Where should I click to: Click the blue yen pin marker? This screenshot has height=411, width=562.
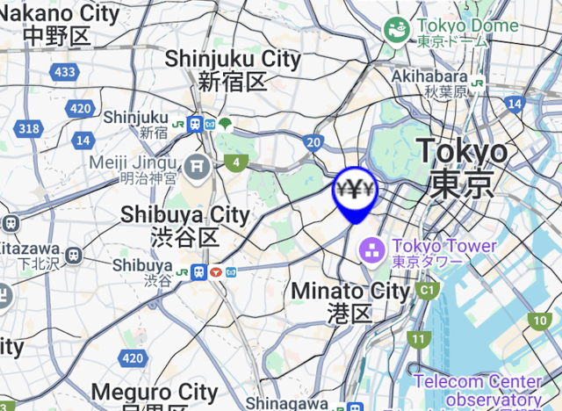tap(354, 190)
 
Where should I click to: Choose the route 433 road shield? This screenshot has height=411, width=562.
tap(64, 72)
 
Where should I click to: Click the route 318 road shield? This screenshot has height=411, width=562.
tap(29, 128)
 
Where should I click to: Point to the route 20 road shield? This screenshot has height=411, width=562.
tap(314, 141)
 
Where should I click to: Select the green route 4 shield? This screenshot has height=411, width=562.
tap(234, 162)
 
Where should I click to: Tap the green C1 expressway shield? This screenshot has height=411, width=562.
tap(428, 289)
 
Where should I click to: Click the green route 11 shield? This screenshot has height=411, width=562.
tap(419, 338)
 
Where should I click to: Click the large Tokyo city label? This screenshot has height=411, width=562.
tap(462, 167)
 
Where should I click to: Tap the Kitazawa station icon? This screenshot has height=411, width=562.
tap(74, 255)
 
